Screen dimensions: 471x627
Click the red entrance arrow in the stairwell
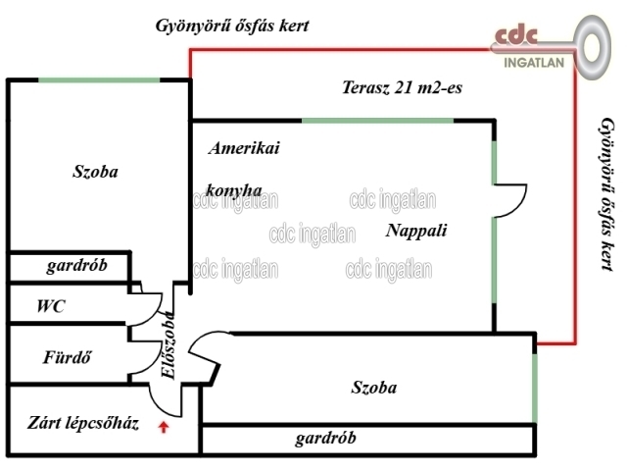click(164, 426)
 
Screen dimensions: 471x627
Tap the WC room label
click(51, 306)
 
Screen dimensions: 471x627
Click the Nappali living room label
click(416, 232)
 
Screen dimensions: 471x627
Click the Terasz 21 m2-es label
click(402, 88)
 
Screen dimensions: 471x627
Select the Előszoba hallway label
click(168, 345)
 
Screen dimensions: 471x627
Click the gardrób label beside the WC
click(75, 266)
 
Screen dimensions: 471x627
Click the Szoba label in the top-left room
click(95, 171)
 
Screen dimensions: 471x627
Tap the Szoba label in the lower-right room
click(374, 387)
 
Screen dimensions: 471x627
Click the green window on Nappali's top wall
click(377, 120)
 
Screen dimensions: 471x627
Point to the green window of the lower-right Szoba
click(535, 385)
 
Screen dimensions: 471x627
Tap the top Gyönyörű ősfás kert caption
click(232, 26)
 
